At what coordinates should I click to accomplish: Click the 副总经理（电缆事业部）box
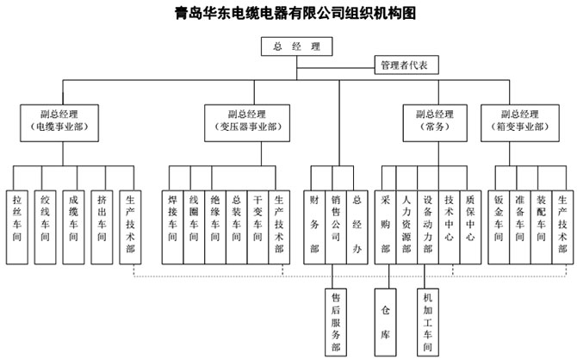pyautogui.click(x=59, y=120)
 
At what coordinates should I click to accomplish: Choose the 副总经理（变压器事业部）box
pyautogui.click(x=247, y=120)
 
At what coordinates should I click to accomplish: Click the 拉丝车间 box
pyautogui.click(x=16, y=225)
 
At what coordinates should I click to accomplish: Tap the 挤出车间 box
pyautogui.click(x=102, y=225)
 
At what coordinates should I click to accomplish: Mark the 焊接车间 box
pyautogui.click(x=173, y=225)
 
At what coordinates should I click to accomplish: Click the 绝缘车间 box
pyautogui.click(x=215, y=225)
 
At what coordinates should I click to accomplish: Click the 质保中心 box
pyautogui.click(x=469, y=225)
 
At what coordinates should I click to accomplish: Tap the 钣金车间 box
pyautogui.click(x=499, y=225)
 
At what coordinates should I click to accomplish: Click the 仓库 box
pyautogui.click(x=385, y=320)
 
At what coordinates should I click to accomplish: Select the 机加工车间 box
pyautogui.click(x=428, y=320)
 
